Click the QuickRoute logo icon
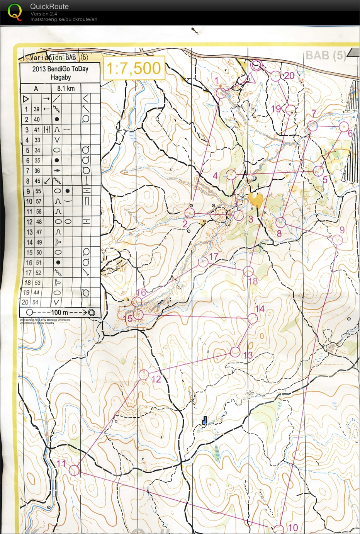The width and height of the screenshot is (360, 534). point(15,12)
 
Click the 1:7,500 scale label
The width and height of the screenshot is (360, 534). point(134,68)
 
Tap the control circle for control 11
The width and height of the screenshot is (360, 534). point(74,470)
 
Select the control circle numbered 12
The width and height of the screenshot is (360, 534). point(144,374)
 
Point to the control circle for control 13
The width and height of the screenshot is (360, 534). point(235,352)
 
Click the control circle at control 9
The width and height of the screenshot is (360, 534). point(338,240)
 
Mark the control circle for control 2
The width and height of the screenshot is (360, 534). point(189,213)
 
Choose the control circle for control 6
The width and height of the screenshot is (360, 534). point(343,127)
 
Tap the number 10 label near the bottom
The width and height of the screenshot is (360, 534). point(293,527)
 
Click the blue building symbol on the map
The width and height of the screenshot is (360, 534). point(205,420)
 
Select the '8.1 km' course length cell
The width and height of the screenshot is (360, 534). point(66,88)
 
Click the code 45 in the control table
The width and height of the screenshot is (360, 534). point(37,181)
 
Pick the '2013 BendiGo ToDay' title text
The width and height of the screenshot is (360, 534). point(60,69)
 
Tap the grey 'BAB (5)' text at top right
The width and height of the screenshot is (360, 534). point(325,55)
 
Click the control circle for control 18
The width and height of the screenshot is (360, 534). point(248,271)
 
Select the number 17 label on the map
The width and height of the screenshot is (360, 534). point(214,256)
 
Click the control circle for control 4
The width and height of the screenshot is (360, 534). point(231,175)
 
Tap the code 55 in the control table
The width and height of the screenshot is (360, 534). point(37,191)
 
